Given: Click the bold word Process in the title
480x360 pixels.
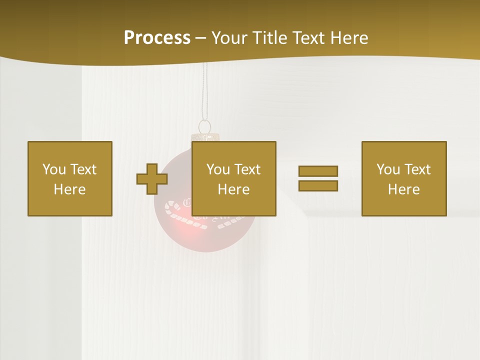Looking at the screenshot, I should pos(157,38).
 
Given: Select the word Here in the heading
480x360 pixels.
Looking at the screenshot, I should pos(349,38).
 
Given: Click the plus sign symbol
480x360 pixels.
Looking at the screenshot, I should pos(152,179).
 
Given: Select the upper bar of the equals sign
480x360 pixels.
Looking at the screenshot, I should pos(318,171).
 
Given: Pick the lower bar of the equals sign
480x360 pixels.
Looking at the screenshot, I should pos(318,186).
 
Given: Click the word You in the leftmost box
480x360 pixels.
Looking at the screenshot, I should pos(54,169).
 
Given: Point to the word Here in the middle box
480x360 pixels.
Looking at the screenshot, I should pos(234,189).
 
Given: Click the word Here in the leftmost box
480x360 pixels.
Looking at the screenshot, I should pos(70,189).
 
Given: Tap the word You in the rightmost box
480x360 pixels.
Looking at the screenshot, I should pos(388,169).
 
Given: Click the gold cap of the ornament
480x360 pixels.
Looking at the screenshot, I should pos(205,137).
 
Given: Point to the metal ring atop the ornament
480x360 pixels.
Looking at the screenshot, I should pos(204,126).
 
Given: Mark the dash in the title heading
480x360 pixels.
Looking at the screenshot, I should pos(200,38).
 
